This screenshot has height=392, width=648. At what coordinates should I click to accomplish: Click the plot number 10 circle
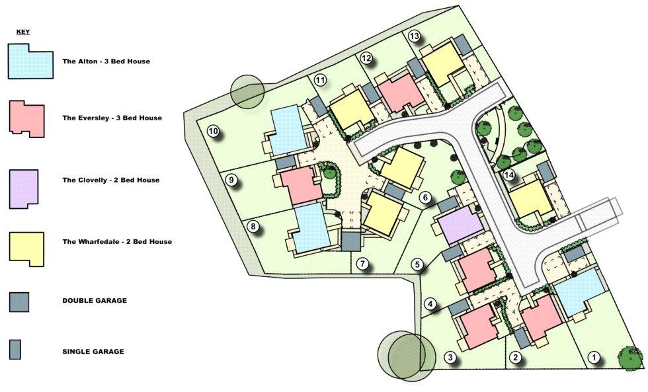213,132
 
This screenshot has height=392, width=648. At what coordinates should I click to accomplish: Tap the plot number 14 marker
509,175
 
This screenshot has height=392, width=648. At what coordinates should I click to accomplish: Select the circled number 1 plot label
594,357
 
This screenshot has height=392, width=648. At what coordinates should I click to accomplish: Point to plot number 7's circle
362,264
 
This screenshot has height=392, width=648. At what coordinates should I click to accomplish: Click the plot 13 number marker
414,36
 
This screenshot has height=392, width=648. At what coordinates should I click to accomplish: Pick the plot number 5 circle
417,264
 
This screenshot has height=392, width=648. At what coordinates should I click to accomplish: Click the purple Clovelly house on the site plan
460,225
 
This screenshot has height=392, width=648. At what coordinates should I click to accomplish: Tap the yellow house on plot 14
531,199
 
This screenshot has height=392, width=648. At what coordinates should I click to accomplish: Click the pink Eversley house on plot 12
400,93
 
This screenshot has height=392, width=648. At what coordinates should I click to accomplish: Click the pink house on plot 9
300,186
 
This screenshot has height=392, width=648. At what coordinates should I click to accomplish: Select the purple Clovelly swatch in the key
24,188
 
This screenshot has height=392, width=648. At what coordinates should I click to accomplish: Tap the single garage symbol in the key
15,350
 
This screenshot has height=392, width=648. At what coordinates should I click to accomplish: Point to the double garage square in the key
19,302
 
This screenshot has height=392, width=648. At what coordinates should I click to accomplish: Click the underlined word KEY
23,32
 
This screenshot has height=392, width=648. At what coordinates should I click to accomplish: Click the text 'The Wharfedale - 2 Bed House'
117,242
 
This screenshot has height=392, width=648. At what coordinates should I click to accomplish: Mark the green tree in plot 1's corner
631,357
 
